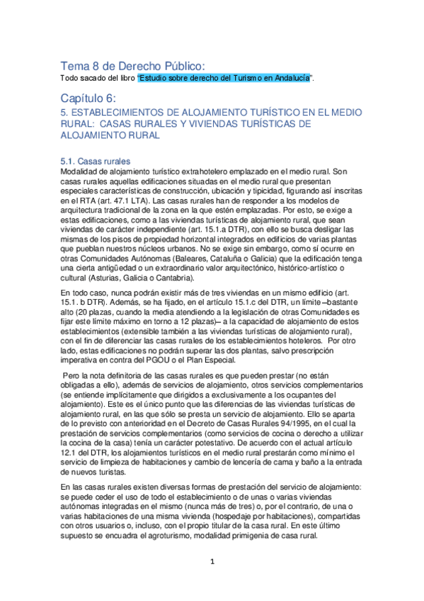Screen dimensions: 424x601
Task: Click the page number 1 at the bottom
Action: coord(211,582)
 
